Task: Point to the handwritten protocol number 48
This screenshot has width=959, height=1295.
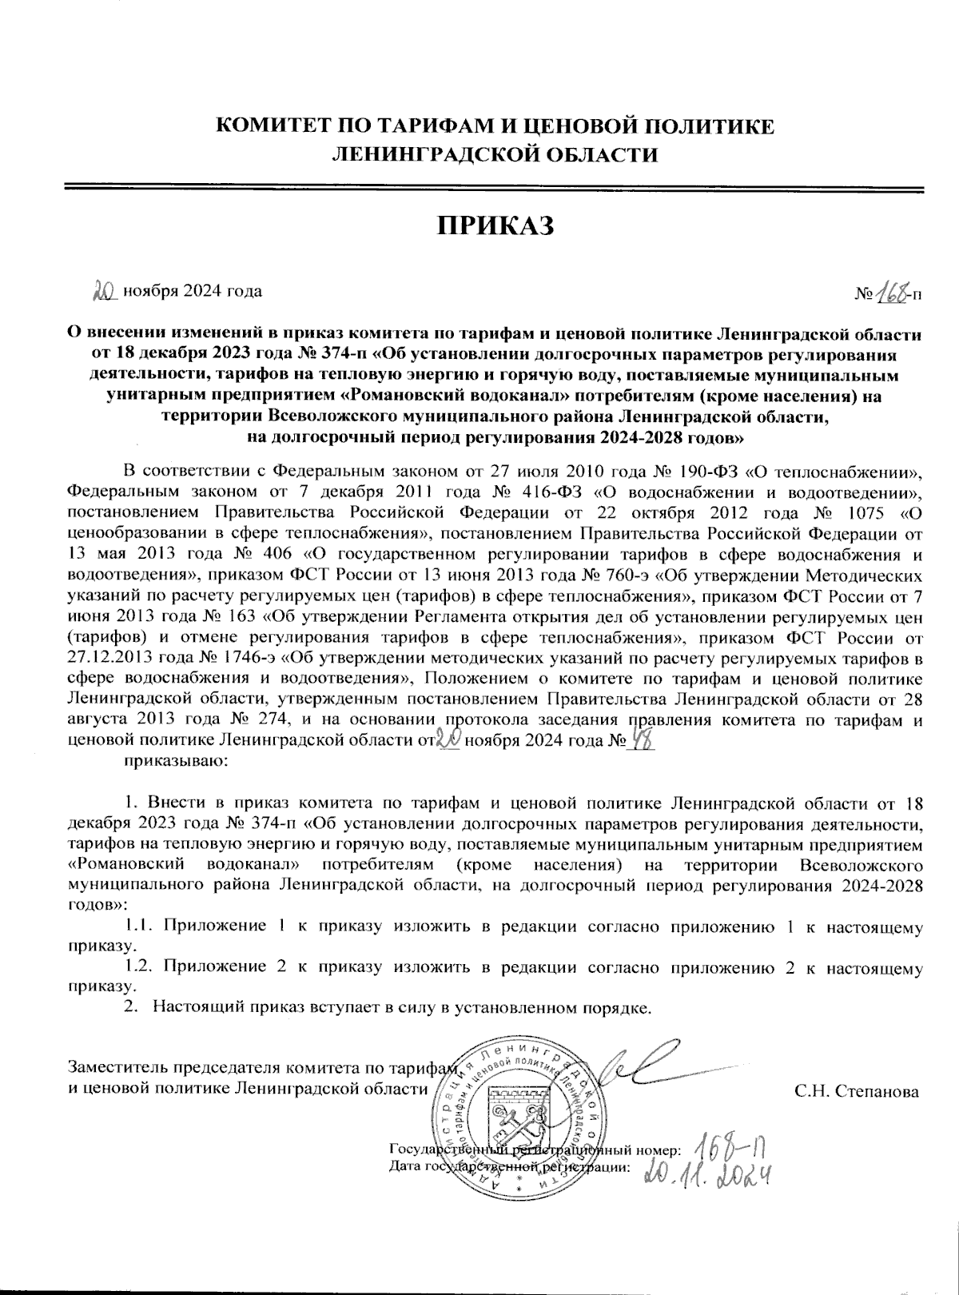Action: [x=640, y=741]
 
